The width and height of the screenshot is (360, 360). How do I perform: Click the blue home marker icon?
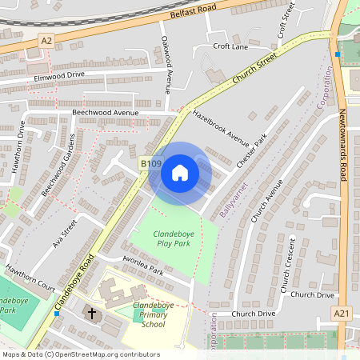coord(180,173)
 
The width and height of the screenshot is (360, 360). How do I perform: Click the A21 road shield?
coord(342,312)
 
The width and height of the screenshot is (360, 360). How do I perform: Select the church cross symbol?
coord(92,313)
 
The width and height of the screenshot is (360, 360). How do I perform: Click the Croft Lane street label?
coord(231,46)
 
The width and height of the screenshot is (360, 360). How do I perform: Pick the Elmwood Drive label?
coord(59,75)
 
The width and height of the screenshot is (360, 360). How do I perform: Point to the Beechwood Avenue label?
coord(105,113)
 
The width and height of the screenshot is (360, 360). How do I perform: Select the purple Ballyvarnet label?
coord(237,200)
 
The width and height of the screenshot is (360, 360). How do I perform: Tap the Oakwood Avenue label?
coord(166,66)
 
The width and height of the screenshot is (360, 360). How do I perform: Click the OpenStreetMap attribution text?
coord(80,354)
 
